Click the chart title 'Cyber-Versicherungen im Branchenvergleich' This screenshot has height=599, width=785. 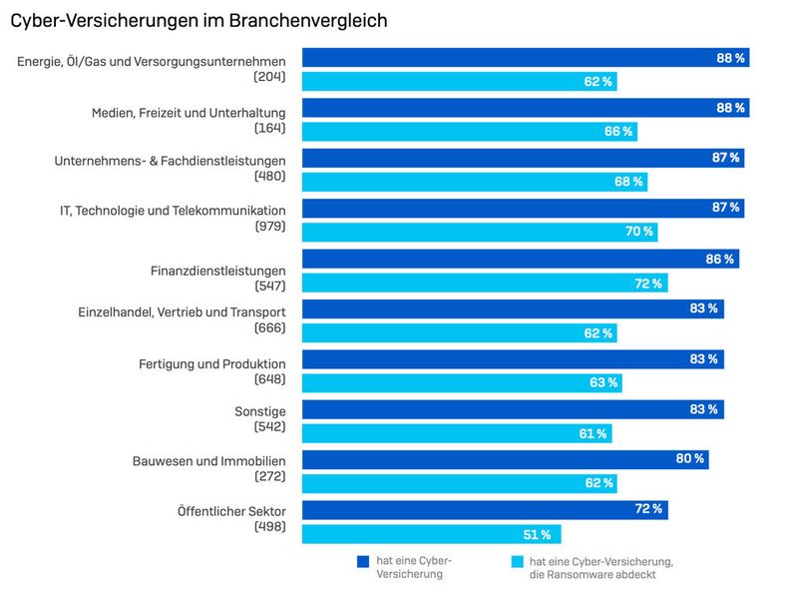pos(198,20)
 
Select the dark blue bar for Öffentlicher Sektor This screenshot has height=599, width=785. pos(484,509)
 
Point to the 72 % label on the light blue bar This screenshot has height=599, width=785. pos(648,284)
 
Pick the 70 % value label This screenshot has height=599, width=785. pos(638,232)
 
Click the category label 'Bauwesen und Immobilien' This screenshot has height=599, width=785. pos(209,461)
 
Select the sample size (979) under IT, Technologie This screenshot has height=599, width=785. pos(269,227)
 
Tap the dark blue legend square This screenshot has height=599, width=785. pos(363,561)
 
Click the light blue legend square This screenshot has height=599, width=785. pos(516,561)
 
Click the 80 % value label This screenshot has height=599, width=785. pos(689,459)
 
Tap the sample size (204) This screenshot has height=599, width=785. pos(269,76)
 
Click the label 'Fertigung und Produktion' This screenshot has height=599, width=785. pos(212,362)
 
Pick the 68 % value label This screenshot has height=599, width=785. pos(627,182)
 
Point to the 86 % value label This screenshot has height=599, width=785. pos(719,259)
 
